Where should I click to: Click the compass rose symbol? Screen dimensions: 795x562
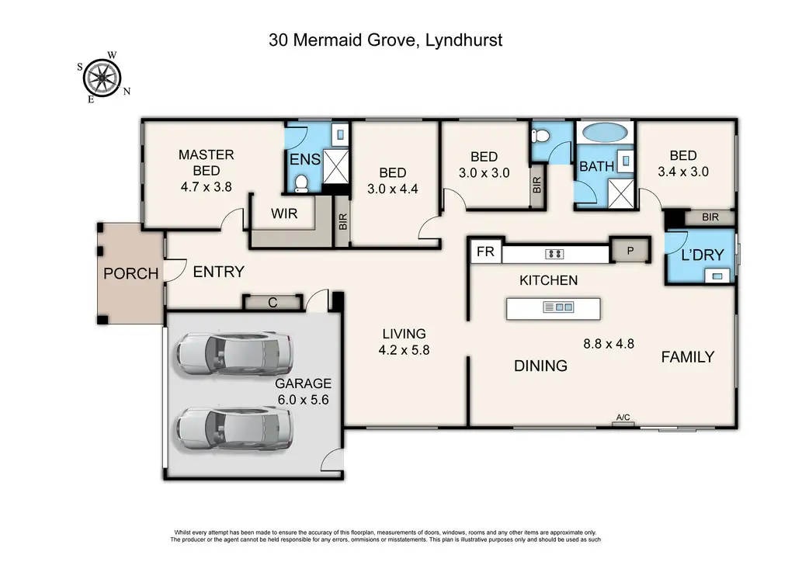103,78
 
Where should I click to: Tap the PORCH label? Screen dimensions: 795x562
130,274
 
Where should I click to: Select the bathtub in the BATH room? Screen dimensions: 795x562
605,132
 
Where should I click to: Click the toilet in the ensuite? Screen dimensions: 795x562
301,184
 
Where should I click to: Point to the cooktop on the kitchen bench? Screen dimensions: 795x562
554,254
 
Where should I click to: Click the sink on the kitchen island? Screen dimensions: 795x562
557,307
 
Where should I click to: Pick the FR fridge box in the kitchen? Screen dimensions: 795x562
486,252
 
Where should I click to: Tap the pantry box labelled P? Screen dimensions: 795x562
630,251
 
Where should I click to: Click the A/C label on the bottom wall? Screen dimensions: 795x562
623,418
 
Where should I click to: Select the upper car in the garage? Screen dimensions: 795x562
234,353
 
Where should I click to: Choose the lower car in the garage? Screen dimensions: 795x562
234,428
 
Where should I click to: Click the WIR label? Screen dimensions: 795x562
284,213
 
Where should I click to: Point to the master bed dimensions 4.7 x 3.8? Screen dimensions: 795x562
207,187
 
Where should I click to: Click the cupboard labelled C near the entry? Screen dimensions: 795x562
273,303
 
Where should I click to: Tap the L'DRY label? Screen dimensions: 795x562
702,255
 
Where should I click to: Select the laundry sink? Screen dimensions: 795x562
717,276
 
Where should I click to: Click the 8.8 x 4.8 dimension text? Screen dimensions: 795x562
609,344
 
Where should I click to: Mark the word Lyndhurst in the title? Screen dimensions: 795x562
463,40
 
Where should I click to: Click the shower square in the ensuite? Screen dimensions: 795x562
335,167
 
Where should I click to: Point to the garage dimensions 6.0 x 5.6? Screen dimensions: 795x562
304,400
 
